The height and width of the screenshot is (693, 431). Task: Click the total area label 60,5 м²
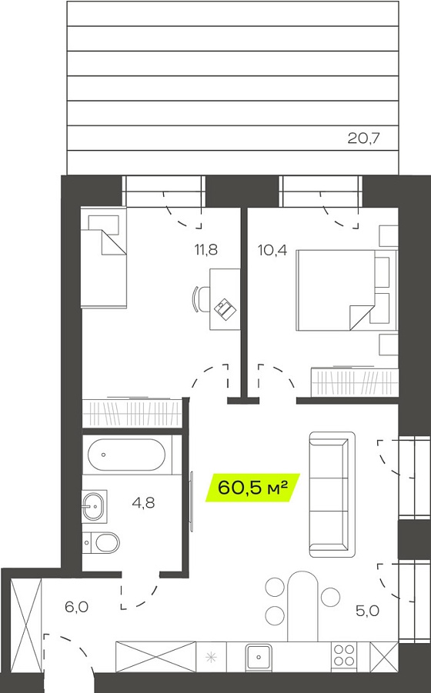[x=253, y=488]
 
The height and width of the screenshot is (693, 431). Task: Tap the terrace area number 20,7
[x=364, y=138]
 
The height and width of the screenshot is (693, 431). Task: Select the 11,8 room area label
[x=206, y=250]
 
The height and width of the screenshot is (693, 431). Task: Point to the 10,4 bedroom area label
[x=272, y=251]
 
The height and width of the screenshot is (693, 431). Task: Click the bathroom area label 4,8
[x=144, y=502]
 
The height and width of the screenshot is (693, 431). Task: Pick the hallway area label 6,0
[x=76, y=608]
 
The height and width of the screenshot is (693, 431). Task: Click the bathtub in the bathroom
[x=126, y=455]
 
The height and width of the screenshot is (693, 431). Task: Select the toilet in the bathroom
[x=102, y=542]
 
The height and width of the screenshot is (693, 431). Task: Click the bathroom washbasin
[x=94, y=505]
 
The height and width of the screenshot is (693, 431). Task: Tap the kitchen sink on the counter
[x=259, y=657]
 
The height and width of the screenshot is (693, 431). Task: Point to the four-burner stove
[x=344, y=655]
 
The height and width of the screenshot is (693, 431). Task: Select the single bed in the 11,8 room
[x=104, y=258]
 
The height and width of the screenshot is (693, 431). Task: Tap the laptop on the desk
[x=225, y=308]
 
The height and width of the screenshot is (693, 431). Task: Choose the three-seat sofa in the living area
[x=332, y=494]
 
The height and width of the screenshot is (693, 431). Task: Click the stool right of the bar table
[x=330, y=597]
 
